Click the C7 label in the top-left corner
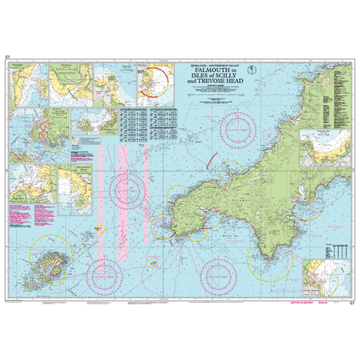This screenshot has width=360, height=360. point(7,58)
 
